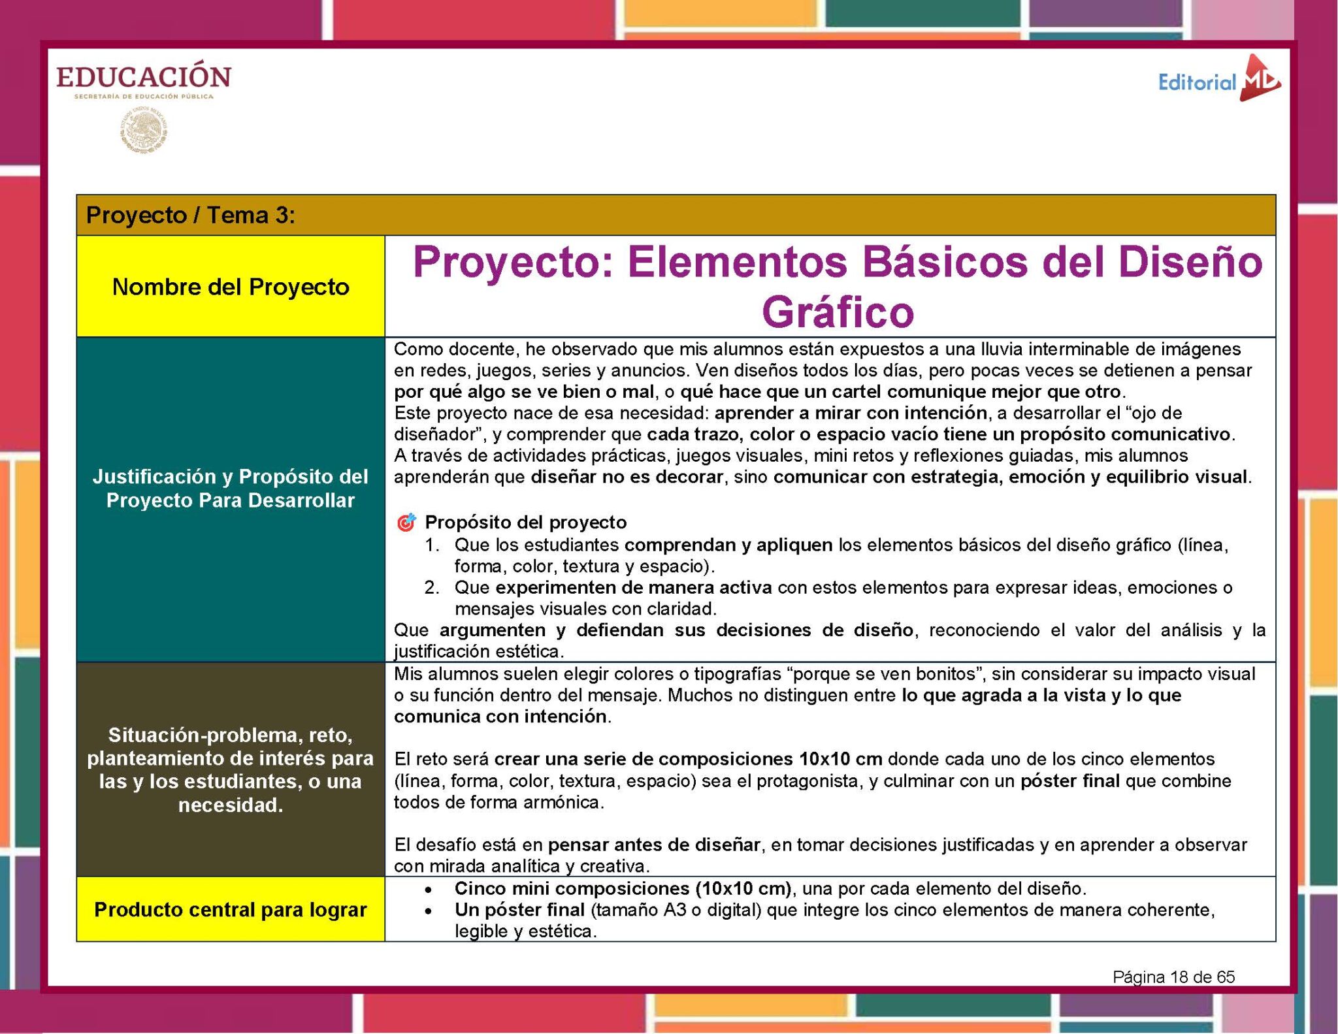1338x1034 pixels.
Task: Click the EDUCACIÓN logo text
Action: [143, 78]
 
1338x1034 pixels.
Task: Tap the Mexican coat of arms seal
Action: [144, 131]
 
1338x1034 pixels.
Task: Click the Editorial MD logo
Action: [1218, 81]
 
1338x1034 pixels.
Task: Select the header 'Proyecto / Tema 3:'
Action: [191, 215]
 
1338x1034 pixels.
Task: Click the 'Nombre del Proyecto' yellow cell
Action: [231, 287]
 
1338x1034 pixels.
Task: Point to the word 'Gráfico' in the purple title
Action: [838, 312]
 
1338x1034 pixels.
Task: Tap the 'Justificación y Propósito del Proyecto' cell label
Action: [231, 489]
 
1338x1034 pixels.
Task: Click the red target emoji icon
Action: [406, 523]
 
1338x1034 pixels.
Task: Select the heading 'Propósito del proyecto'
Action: [525, 523]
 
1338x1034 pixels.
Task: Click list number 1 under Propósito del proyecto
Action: [432, 545]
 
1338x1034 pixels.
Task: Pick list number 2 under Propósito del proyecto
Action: [432, 587]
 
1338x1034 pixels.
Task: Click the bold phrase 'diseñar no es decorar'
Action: [627, 477]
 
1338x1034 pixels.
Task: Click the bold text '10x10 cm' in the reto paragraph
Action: [840, 759]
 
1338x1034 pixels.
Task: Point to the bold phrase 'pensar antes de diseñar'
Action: [654, 845]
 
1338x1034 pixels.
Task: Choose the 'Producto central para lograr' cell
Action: [231, 909]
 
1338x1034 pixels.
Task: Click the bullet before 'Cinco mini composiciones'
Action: [428, 890]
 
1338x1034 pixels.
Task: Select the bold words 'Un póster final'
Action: [519, 910]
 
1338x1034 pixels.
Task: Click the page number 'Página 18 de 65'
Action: [1173, 977]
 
